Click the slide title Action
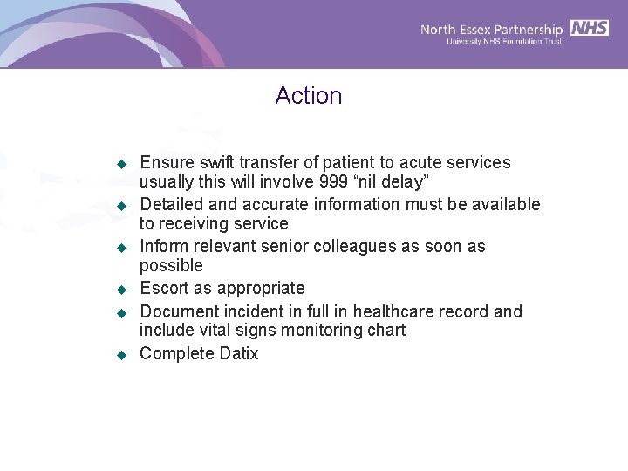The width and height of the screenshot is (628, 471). (309, 96)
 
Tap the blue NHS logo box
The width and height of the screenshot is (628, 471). (590, 28)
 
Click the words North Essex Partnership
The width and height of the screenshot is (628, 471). (492, 30)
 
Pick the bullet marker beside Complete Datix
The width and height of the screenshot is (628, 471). (123, 354)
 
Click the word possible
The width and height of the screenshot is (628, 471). (171, 266)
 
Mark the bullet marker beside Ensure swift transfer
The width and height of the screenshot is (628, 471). (123, 164)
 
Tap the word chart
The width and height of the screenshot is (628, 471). (386, 331)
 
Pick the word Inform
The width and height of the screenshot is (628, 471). (163, 247)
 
